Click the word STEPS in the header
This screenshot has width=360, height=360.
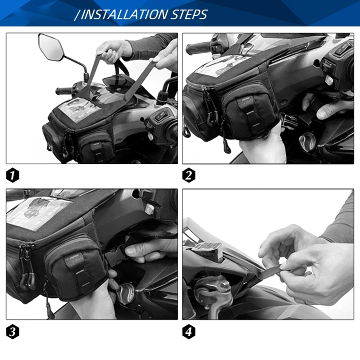pyautogui.click(x=189, y=14)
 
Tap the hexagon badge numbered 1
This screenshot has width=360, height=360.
pyautogui.click(x=13, y=175)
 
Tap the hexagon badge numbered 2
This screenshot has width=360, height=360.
pyautogui.click(x=189, y=175)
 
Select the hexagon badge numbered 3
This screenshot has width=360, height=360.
pyautogui.click(x=13, y=332)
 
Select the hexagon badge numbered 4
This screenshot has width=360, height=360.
pyautogui.click(x=189, y=332)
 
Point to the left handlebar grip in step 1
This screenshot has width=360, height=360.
pyautogui.click(x=63, y=91)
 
